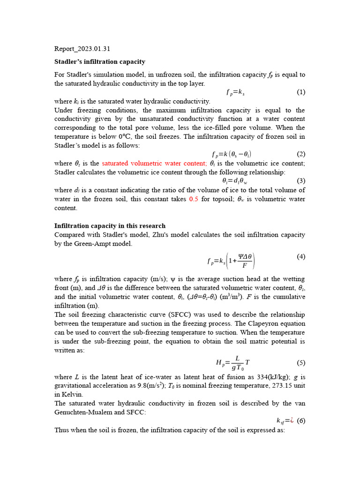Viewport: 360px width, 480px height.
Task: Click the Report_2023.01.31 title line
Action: pos(82,48)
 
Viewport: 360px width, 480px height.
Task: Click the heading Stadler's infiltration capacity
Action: pos(100,61)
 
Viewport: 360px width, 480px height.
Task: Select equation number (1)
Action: pos(301,92)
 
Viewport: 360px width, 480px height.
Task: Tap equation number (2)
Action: pos(301,154)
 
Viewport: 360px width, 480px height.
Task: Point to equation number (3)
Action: pos(301,180)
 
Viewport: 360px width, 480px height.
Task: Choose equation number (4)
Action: pos(301,256)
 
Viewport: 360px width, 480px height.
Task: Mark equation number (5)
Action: pos(301,362)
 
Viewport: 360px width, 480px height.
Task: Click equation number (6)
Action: pos(301,420)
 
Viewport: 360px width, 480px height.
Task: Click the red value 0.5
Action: pos(194,199)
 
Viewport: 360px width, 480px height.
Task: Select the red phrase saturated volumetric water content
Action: pos(154,163)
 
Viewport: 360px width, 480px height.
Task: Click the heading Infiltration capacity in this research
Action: pos(110,225)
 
